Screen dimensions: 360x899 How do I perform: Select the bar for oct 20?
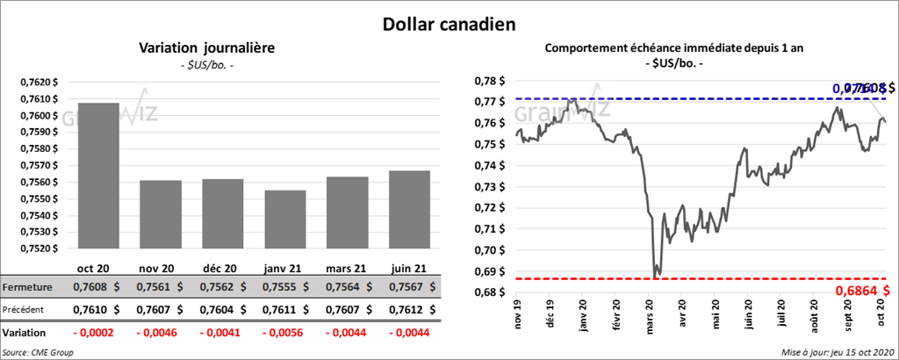pyautogui.click(x=97, y=176)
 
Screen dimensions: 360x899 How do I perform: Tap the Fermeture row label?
pyautogui.click(x=26, y=287)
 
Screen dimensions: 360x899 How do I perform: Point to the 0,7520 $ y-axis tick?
pyautogui.click(x=39, y=248)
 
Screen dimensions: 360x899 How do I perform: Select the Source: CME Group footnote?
pyautogui.click(x=39, y=352)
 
